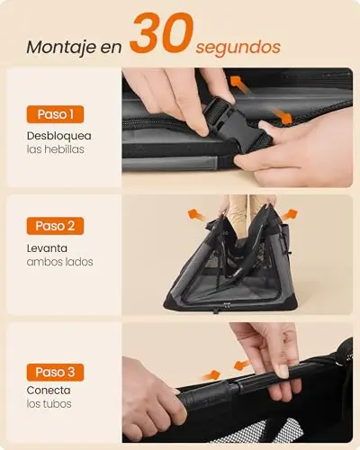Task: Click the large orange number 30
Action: tap(161, 32)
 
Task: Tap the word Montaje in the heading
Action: tap(59, 48)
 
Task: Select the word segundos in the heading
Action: tap(238, 48)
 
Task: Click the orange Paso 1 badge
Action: tap(55, 114)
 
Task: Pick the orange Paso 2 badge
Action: tap(55, 226)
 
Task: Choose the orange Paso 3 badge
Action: tap(55, 372)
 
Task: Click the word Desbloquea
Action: tap(59, 136)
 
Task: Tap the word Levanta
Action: tap(47, 248)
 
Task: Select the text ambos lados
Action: tap(59, 262)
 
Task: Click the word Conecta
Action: tap(49, 391)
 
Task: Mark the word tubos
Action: tap(57, 404)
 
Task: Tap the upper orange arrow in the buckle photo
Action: tap(240, 84)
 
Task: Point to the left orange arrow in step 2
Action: tap(195, 215)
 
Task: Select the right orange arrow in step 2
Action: tap(290, 215)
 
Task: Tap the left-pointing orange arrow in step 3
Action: tap(242, 365)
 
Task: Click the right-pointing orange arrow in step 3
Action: tap(211, 375)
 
